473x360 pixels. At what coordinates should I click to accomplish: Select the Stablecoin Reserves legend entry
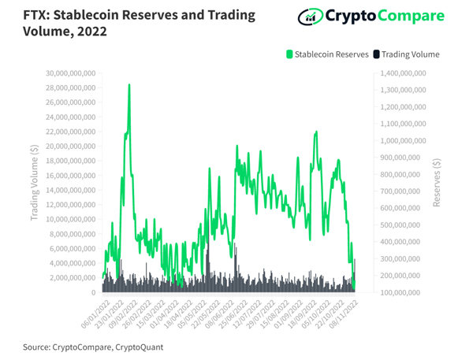pos(327,54)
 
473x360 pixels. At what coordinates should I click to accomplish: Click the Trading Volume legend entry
pos(405,54)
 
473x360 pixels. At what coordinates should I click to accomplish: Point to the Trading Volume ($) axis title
pos(35,183)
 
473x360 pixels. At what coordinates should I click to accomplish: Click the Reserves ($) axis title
pos(438,183)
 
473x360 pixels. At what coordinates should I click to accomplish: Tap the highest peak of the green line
pos(128,84)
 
